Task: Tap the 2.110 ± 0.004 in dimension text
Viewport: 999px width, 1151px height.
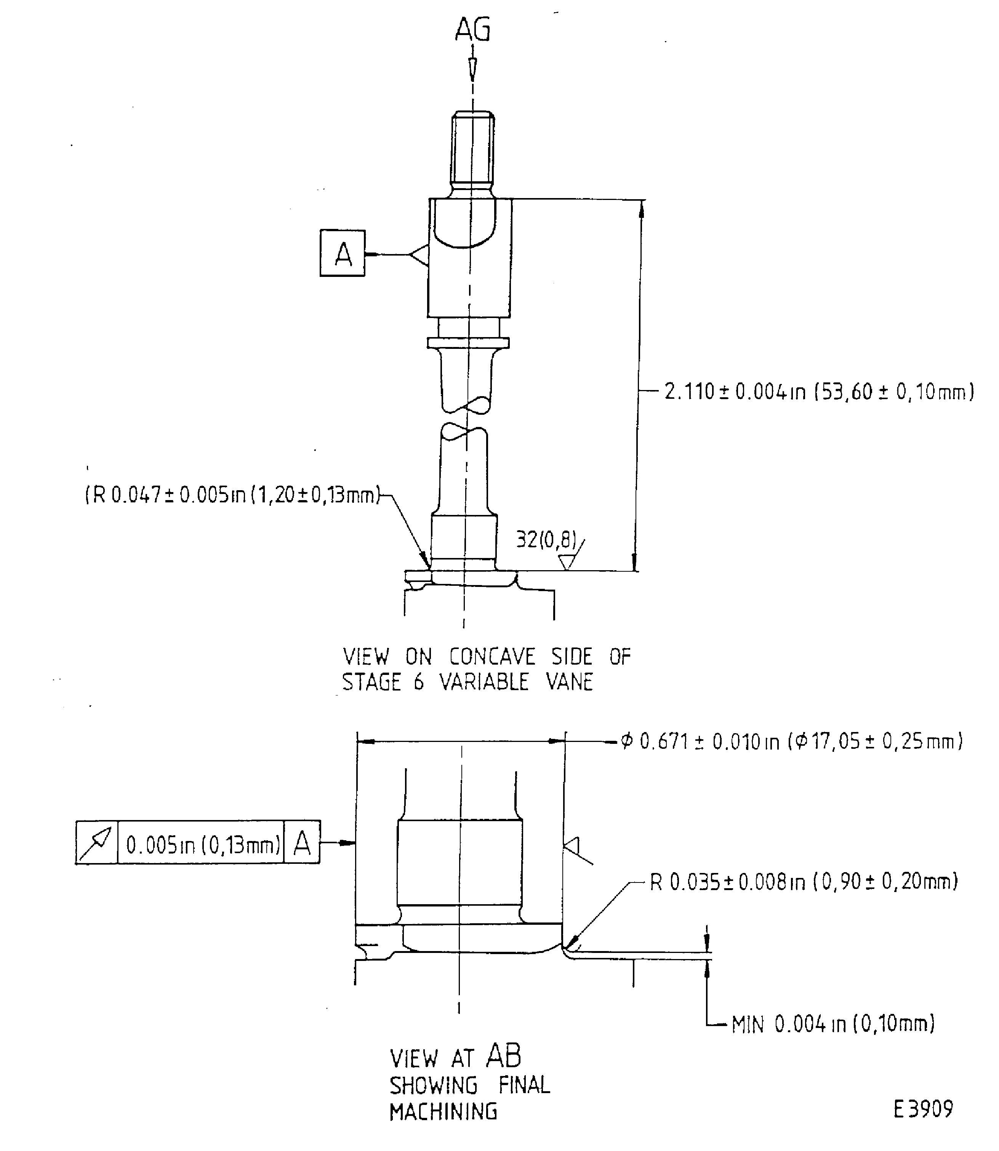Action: point(818,392)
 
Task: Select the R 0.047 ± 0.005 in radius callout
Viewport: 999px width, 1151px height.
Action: point(232,494)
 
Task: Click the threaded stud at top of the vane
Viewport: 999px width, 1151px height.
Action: point(472,150)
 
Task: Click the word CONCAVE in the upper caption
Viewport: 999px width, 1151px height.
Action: point(492,657)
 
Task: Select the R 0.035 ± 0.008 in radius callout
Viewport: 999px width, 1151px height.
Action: point(803,882)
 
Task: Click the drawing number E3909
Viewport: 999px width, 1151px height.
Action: point(923,1109)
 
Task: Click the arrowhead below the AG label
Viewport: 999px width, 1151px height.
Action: point(472,68)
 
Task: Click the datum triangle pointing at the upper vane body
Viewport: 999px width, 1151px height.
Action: point(419,255)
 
